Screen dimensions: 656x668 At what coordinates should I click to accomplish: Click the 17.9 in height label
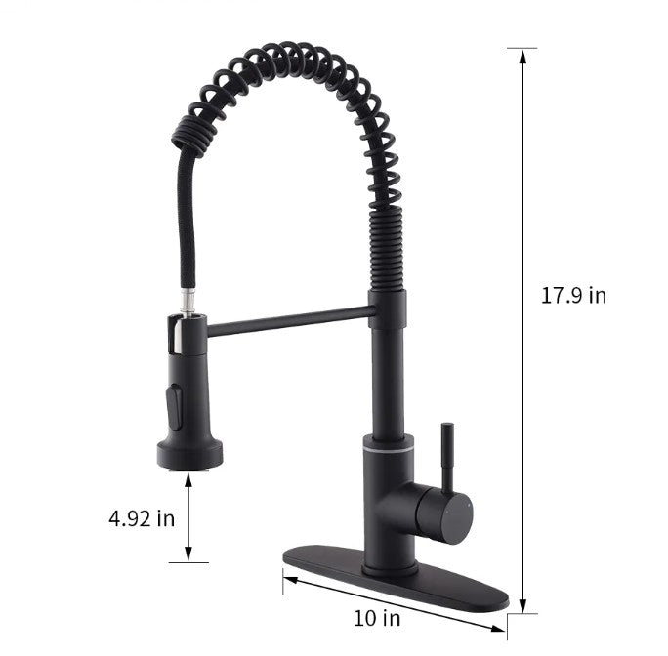click(x=573, y=295)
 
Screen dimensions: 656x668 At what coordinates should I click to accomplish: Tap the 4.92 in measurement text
click(x=142, y=517)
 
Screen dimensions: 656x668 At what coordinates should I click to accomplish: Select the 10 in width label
click(x=377, y=617)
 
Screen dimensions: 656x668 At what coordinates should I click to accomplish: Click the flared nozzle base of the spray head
click(x=188, y=453)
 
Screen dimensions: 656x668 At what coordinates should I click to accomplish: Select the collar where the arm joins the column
click(x=387, y=308)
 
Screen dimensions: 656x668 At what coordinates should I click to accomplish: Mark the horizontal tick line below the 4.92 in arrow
click(x=188, y=562)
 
